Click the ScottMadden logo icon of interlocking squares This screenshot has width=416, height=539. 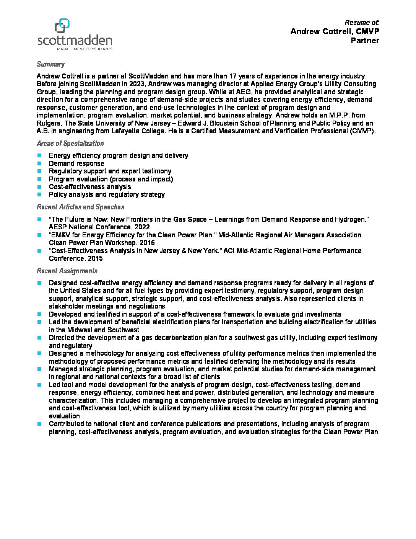62,26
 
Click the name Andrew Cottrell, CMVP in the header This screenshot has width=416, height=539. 335,31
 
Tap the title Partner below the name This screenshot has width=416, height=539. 365,41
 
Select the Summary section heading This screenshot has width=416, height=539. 50,64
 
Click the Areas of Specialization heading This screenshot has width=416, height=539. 70,144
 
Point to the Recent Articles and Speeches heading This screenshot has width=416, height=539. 80,207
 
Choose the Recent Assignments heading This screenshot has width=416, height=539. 67,271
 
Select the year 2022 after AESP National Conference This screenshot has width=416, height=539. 142,227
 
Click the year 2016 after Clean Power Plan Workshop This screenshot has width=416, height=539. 147,243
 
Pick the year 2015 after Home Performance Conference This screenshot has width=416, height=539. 95,258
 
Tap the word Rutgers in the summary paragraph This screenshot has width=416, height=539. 49,123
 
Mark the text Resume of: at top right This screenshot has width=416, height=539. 362,23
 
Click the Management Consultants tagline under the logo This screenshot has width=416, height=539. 84,49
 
